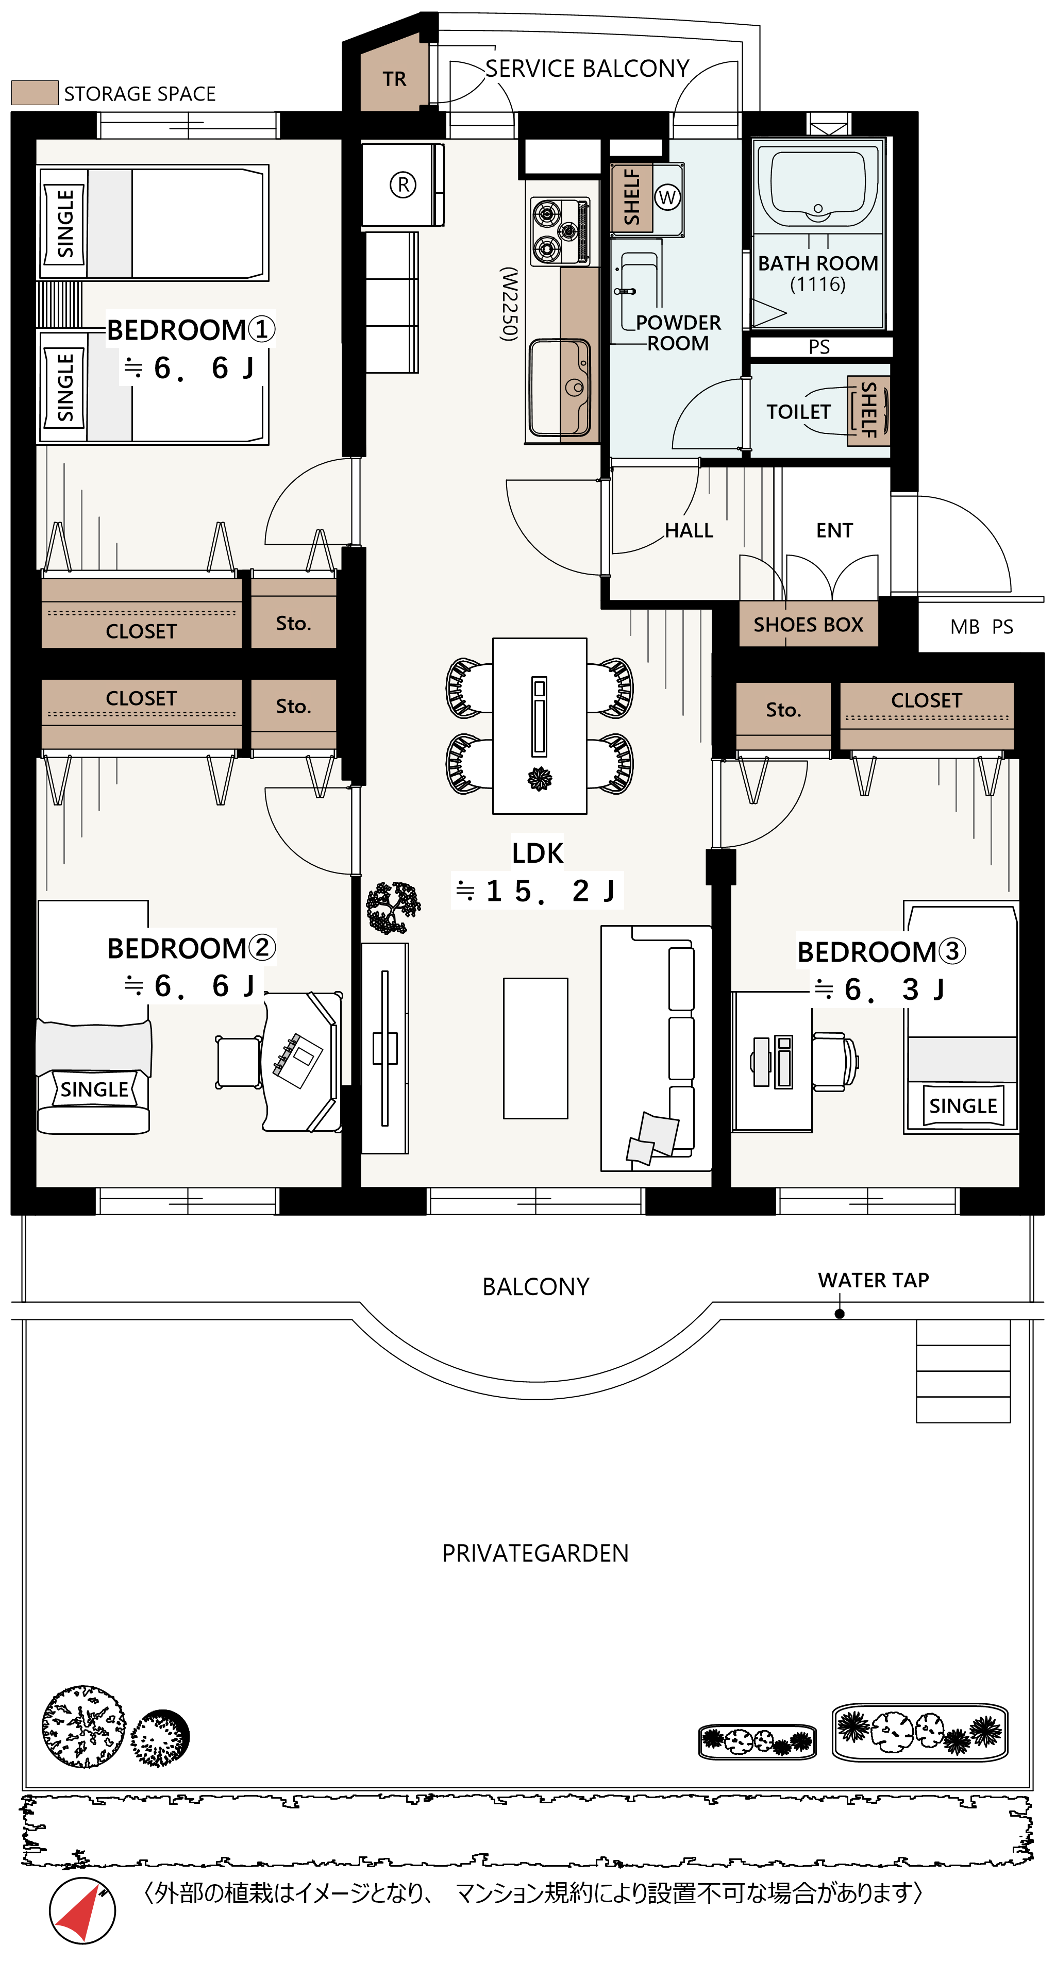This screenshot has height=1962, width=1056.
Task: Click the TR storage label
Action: pos(395,79)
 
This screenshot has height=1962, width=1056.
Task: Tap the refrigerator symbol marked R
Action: pos(403,185)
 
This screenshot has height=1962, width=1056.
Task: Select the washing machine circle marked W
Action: pos(667,197)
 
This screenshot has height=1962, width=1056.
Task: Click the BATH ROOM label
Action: pos(817,263)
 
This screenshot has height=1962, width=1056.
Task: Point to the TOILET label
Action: pos(798,412)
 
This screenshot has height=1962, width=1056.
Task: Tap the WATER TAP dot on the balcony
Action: pos(839,1314)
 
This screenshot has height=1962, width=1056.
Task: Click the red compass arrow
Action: pos(86,1911)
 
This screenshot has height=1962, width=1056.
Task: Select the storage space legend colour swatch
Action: pos(35,93)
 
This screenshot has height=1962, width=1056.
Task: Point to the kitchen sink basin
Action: pos(560,387)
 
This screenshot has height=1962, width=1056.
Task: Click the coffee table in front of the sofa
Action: pos(535,1048)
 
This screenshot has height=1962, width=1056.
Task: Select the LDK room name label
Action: pos(537,853)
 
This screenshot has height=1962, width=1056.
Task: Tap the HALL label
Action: pos(689,531)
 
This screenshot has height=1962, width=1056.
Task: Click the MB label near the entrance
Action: pos(965,627)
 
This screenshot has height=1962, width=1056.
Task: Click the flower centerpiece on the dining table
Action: pos(540,778)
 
